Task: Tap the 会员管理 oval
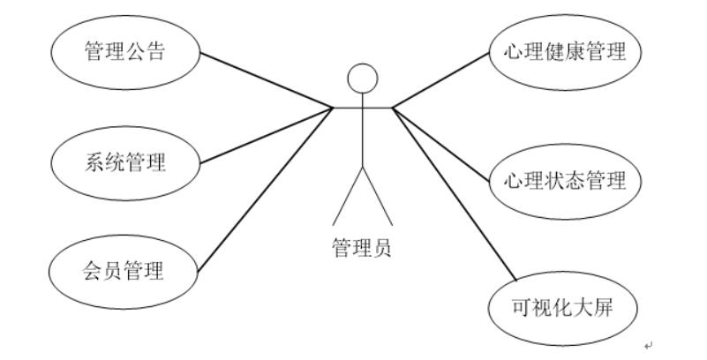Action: coord(124,268)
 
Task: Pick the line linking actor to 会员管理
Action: coord(265,190)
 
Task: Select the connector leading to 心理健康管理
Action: coord(441,80)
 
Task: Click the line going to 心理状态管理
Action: coord(441,146)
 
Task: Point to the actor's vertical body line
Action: coord(362,132)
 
